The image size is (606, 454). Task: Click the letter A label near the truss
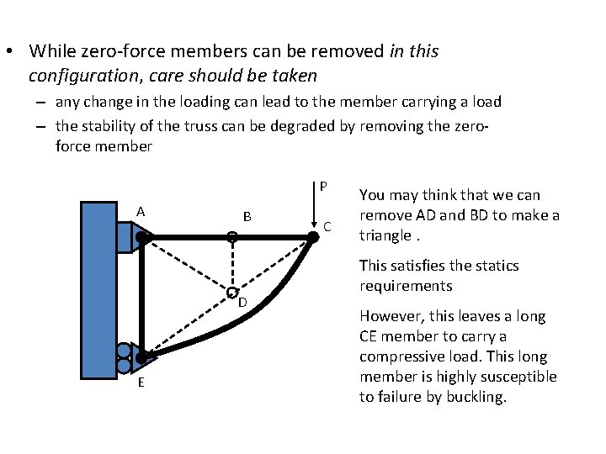coord(141,211)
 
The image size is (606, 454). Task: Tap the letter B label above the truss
coord(247,217)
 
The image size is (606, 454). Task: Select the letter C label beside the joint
coord(328,226)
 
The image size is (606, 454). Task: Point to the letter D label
coord(242,302)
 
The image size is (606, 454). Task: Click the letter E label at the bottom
coord(141,383)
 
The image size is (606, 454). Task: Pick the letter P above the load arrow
coord(323,186)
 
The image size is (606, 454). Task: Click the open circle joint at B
coord(232,238)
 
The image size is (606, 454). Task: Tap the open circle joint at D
coord(231,293)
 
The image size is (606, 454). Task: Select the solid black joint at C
coord(312,238)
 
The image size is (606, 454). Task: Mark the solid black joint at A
coord(142,238)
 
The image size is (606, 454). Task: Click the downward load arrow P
coord(312,210)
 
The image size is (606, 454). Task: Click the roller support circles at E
coord(123,357)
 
